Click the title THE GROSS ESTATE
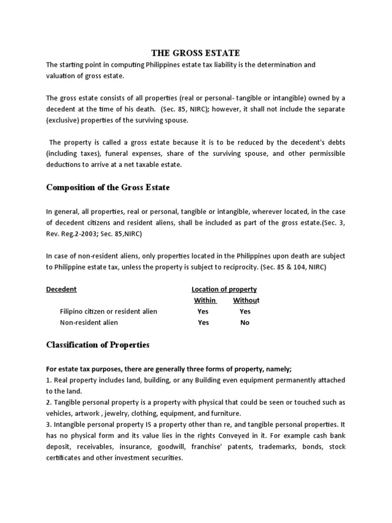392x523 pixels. pos(195,53)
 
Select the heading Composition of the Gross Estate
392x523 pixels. pos(108,187)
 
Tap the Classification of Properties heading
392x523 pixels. pos(97,345)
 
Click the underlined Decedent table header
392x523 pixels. pos(61,289)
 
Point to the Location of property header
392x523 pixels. pos(224,289)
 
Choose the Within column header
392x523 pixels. pos(205,300)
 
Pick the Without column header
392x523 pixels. pos(246,300)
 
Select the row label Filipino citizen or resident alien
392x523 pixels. pos(108,312)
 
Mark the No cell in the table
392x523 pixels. pos(245,323)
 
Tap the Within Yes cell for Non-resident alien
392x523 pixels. pos(203,323)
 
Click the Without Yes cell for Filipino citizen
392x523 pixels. pos(245,312)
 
